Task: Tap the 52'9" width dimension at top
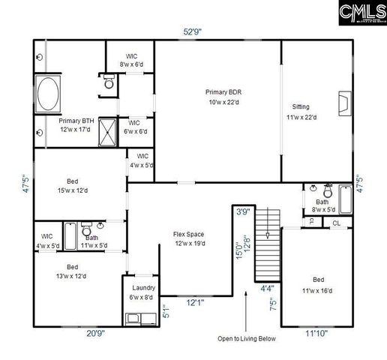point(193,31)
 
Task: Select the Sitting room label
point(301,112)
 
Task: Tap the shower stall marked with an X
point(110,130)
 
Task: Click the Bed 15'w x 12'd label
point(72,186)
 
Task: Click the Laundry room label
point(143,292)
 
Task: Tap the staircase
point(266,244)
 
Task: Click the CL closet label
point(337,223)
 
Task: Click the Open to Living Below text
point(246,339)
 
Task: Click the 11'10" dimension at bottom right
point(316,334)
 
